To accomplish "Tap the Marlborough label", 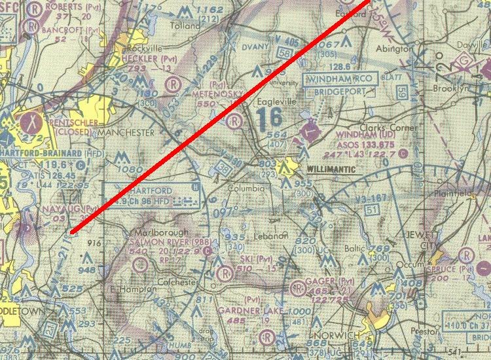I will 160,232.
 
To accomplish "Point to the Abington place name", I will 393,48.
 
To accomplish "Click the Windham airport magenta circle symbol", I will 310,133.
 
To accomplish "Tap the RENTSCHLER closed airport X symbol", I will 30,121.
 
